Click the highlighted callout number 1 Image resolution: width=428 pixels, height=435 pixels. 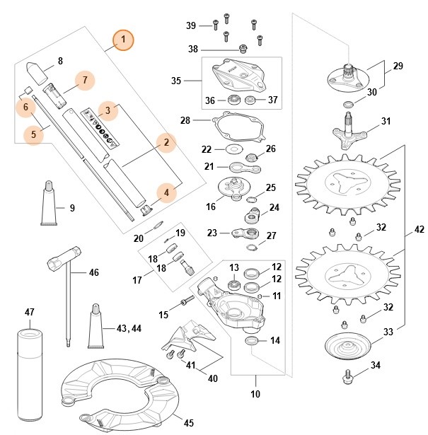point(124,40)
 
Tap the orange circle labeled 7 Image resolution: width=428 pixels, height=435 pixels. point(85,80)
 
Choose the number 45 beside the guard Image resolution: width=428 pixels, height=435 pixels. point(188,423)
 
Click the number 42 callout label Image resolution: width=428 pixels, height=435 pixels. point(420,230)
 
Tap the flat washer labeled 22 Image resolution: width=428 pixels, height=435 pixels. point(231,150)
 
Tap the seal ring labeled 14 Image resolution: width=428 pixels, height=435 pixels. point(250,342)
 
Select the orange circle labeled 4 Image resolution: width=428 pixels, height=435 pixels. point(166,192)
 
